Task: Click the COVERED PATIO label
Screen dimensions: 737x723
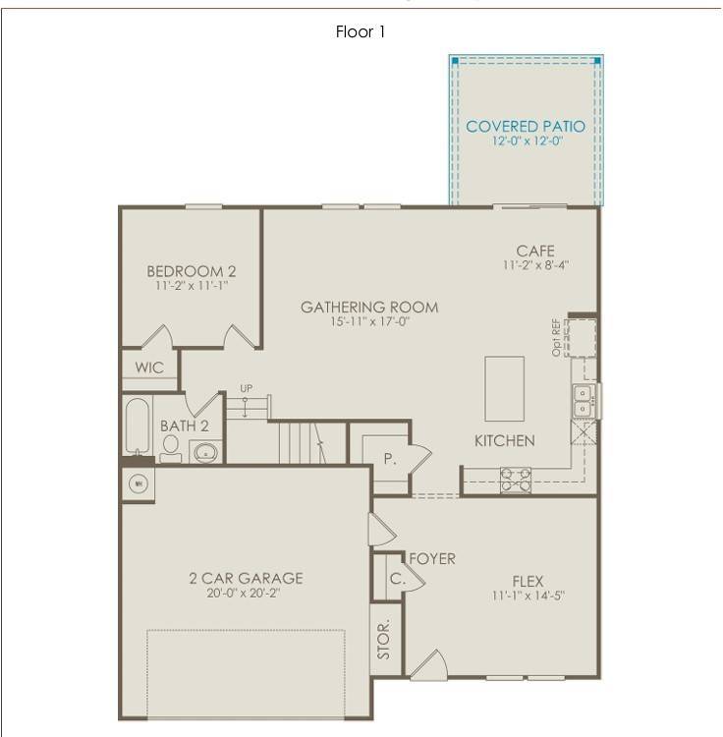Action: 526,127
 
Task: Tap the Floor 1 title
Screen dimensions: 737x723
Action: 361,32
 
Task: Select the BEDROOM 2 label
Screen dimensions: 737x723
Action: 192,271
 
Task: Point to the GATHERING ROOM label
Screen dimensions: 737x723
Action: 369,308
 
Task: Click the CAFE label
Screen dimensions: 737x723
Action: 535,252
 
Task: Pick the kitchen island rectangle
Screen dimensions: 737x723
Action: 504,388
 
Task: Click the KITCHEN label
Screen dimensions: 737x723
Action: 505,441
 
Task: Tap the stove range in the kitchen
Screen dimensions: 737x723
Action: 516,479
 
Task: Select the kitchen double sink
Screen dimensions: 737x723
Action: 584,401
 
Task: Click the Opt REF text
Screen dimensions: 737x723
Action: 557,336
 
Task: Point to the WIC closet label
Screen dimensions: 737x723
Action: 150,368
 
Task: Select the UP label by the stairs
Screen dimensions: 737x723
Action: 246,389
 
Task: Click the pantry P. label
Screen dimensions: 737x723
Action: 389,459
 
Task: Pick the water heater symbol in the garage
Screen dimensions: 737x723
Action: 138,483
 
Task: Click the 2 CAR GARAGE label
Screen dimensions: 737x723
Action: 246,578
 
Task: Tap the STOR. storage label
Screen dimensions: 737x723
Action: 385,639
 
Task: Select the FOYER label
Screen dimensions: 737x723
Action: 432,559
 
